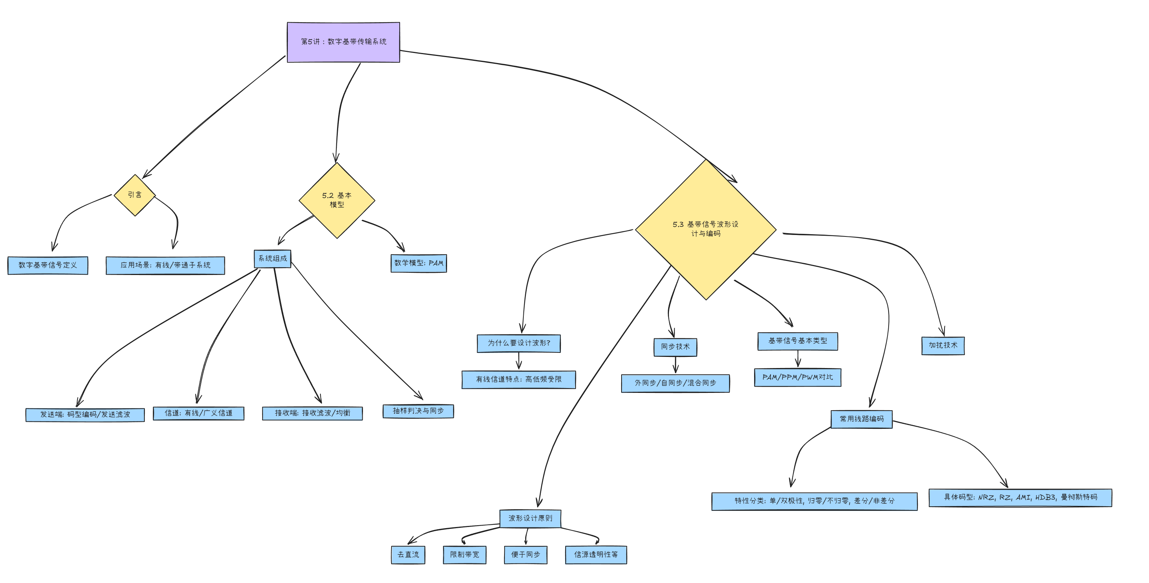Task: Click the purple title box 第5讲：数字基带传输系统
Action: click(343, 42)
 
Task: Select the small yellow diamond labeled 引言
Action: click(135, 195)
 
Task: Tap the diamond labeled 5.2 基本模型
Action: click(337, 201)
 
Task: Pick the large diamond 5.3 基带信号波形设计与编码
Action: click(706, 229)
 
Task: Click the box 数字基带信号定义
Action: click(48, 265)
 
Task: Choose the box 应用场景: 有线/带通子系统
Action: click(165, 265)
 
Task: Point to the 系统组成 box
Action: click(273, 258)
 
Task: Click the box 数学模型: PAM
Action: click(419, 263)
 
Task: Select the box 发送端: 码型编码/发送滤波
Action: click(85, 414)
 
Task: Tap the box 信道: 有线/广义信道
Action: click(199, 413)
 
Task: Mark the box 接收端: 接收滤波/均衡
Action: click(312, 413)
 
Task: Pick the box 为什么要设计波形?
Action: click(519, 343)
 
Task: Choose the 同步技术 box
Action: click(675, 347)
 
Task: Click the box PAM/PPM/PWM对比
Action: click(797, 377)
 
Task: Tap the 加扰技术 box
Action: click(943, 345)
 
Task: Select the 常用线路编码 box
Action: click(861, 419)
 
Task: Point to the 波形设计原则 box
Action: click(530, 518)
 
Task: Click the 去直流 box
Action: click(408, 555)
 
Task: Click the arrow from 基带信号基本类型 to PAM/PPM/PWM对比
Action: click(798, 359)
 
